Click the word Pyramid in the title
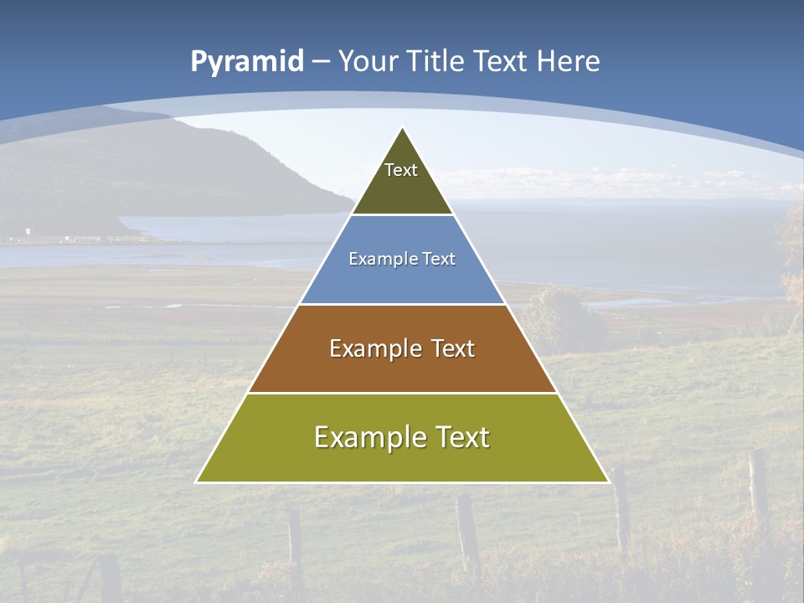click(247, 62)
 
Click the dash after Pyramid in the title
click(320, 62)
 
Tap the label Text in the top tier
click(401, 170)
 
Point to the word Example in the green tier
click(363, 437)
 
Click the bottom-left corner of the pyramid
click(197, 482)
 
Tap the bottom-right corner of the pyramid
click(608, 482)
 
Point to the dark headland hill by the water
click(209, 167)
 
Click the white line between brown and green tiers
click(402, 393)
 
